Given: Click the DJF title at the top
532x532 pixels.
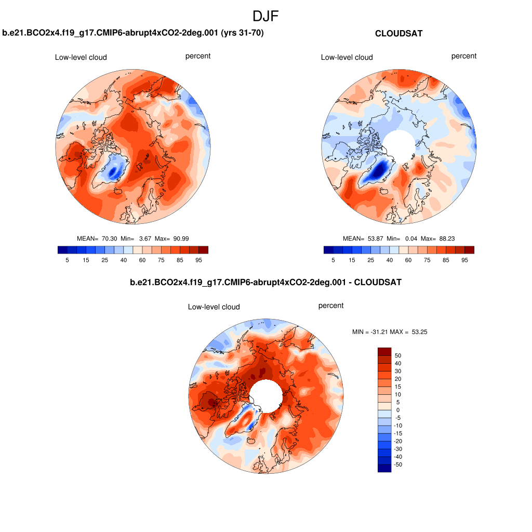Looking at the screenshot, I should pyautogui.click(x=265, y=17).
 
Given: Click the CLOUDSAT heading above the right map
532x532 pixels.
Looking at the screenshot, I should pyautogui.click(x=398, y=33).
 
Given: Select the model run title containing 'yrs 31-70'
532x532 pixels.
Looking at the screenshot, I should pyautogui.click(x=133, y=33).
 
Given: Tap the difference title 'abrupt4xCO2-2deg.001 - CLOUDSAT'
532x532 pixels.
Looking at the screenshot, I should pyautogui.click(x=265, y=282).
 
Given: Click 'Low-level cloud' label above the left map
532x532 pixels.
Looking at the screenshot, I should pyautogui.click(x=81, y=57).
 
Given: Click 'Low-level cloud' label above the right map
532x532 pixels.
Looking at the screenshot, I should pyautogui.click(x=347, y=57).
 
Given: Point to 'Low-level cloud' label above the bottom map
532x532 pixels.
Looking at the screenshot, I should pyautogui.click(x=214, y=307).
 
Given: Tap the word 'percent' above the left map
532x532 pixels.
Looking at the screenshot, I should pyautogui.click(x=198, y=56).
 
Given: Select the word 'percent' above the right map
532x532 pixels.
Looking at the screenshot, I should pyautogui.click(x=464, y=56).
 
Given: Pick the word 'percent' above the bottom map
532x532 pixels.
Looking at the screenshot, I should pyautogui.click(x=331, y=305).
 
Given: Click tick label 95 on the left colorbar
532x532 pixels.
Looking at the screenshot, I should pyautogui.click(x=198, y=260).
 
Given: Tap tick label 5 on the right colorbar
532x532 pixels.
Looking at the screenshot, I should pyautogui.click(x=333, y=260).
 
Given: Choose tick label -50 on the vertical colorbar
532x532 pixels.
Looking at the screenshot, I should pyautogui.click(x=398, y=464).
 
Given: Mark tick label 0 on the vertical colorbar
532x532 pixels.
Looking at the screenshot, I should pyautogui.click(x=398, y=410).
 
